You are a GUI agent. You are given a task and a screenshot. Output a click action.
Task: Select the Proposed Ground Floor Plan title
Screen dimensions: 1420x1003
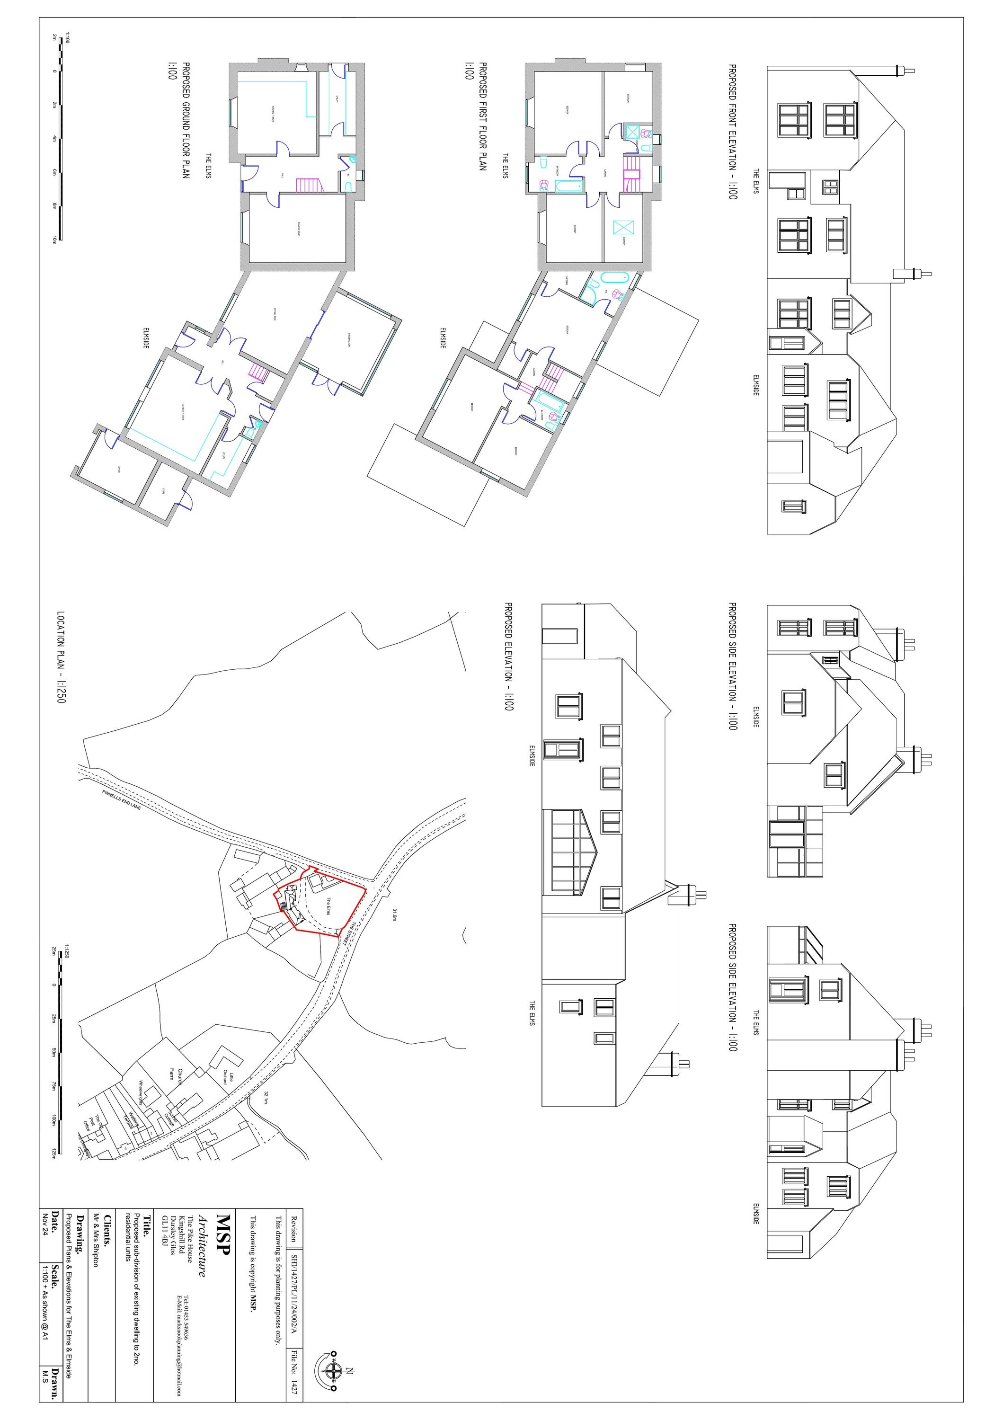tap(185, 121)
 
